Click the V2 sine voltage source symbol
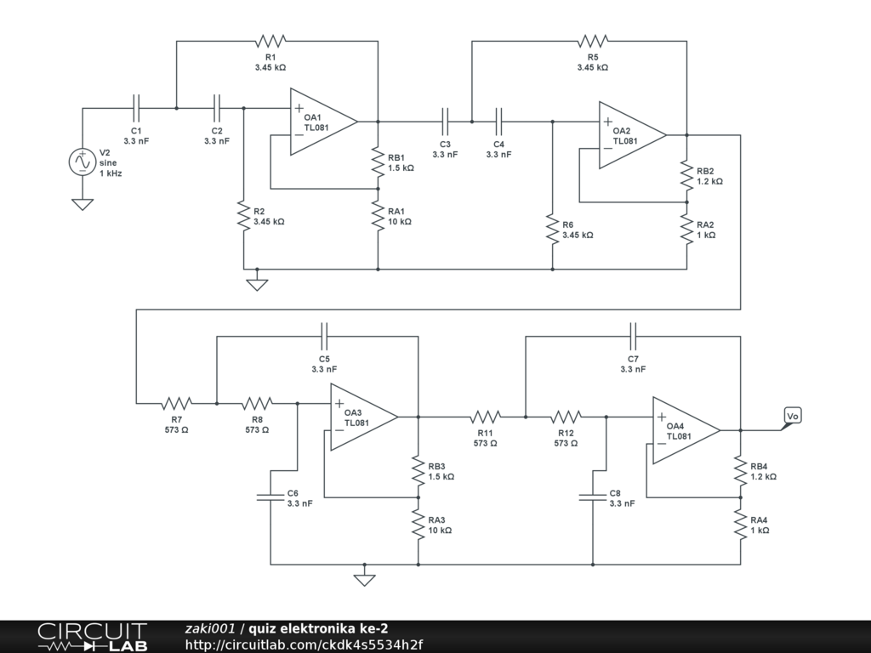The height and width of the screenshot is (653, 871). tap(83, 162)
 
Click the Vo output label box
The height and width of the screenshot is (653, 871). tap(793, 416)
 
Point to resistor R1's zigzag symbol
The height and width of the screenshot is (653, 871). tap(270, 41)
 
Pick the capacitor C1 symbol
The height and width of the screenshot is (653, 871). tap(136, 108)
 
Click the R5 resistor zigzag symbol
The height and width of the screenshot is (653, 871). tap(593, 41)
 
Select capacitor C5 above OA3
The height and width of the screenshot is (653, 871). tap(324, 337)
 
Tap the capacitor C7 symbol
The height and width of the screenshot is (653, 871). tap(633, 337)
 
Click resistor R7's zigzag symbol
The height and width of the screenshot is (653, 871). tap(177, 403)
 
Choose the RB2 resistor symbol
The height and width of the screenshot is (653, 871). tap(687, 175)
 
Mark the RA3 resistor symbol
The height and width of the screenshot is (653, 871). tap(418, 524)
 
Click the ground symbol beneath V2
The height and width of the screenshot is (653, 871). tap(83, 204)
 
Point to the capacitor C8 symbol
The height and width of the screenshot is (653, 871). tap(593, 497)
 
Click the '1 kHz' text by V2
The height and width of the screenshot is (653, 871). tap(111, 173)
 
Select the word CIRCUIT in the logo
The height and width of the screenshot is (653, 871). tap(92, 632)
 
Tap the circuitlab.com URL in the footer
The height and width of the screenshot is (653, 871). tap(304, 644)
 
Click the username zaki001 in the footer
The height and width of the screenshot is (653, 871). tap(210, 628)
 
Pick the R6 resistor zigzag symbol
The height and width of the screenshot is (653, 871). tap(553, 230)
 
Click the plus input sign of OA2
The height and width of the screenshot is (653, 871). tap(607, 122)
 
